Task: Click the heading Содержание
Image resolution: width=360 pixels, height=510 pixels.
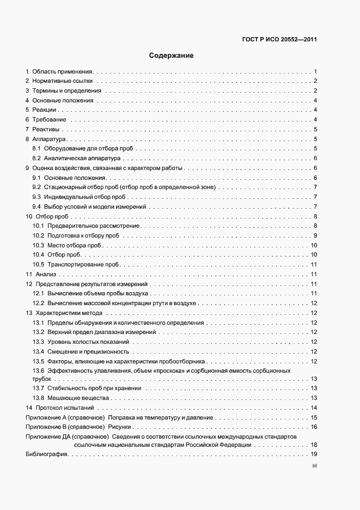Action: tap(171, 56)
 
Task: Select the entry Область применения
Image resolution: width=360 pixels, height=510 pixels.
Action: tap(63, 71)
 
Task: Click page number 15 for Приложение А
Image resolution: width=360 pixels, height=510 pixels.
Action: tap(314, 417)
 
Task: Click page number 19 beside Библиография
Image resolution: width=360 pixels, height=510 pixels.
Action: tap(314, 454)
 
